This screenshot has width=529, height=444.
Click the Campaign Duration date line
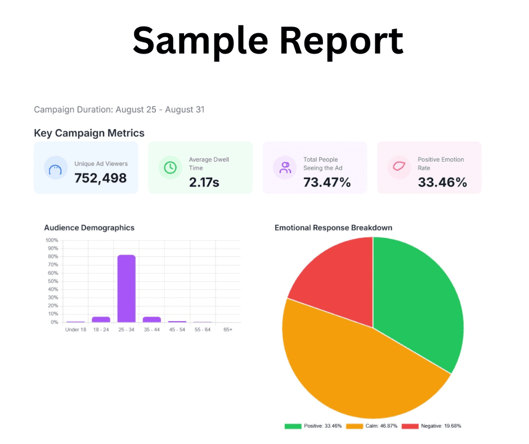[x=119, y=109]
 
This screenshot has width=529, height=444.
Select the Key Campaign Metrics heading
[x=89, y=134]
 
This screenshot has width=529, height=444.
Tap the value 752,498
[x=101, y=178]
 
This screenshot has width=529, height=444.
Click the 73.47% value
[x=327, y=181]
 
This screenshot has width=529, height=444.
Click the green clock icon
[x=169, y=167]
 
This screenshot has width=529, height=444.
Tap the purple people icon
[x=285, y=167]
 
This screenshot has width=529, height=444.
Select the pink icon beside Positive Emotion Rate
[x=399, y=167]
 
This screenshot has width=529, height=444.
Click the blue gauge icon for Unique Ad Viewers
[x=55, y=168]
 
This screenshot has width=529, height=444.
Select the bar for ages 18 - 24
[x=101, y=319]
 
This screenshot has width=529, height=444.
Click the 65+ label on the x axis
[x=228, y=329]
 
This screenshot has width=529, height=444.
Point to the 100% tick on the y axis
[x=52, y=240]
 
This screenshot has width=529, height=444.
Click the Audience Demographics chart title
[x=89, y=228]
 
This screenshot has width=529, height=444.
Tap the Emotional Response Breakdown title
[x=333, y=228]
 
